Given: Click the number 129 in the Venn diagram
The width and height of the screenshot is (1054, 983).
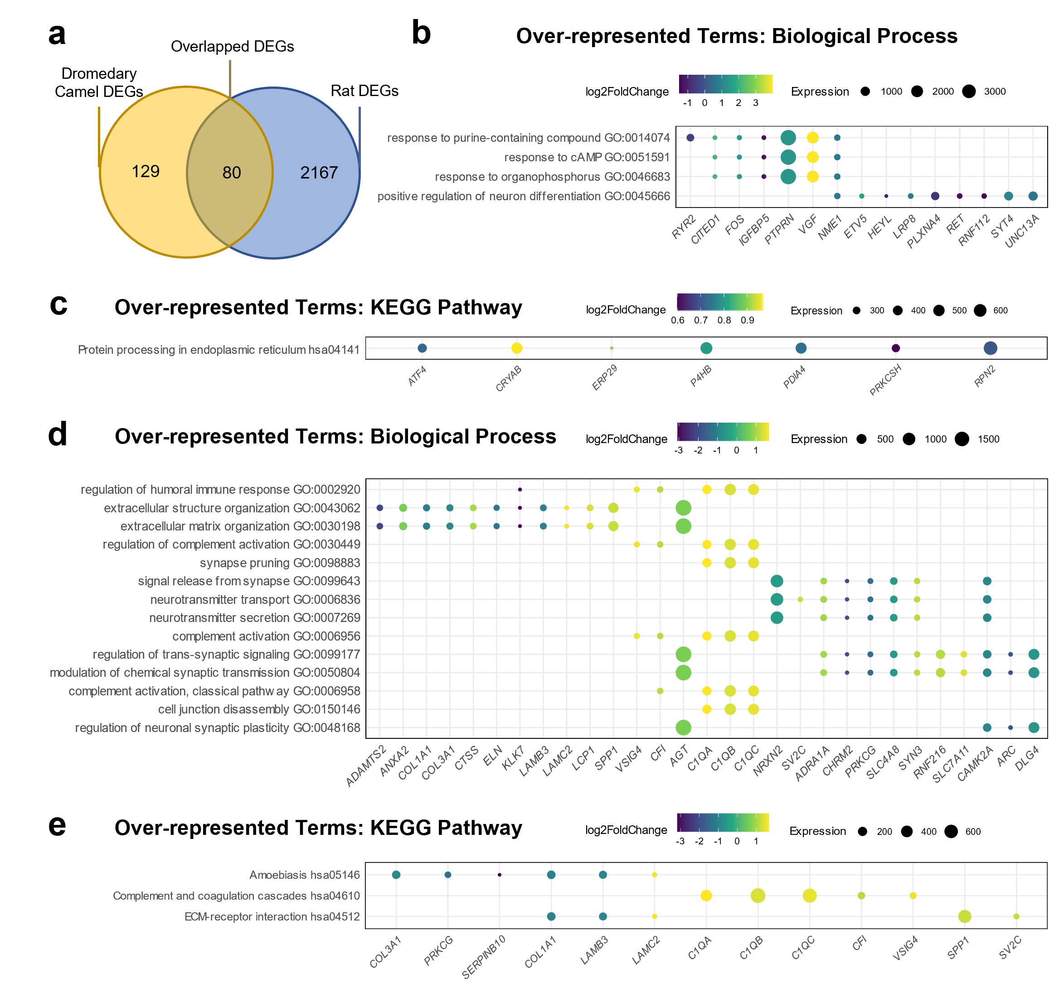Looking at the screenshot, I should [x=145, y=171].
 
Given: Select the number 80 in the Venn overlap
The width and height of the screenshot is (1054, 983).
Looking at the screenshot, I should [x=232, y=173].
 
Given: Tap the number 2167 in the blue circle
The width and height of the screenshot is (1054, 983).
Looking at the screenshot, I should [x=319, y=173].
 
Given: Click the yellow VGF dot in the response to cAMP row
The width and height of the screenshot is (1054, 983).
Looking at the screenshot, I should [x=812, y=157].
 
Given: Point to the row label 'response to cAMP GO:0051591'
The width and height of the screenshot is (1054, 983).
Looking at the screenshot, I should [x=586, y=157].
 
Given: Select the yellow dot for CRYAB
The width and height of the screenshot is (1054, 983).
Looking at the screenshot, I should [x=517, y=348].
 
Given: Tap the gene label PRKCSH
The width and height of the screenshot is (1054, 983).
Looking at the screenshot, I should [x=886, y=380].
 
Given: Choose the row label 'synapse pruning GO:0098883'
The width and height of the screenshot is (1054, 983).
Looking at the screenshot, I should [x=280, y=563].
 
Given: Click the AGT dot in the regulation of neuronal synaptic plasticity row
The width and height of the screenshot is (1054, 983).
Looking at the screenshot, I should [x=684, y=728].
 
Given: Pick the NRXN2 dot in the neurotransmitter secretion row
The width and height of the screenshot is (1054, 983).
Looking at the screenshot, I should [x=777, y=618].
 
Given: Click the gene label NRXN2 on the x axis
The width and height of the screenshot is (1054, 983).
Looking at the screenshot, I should [x=769, y=760].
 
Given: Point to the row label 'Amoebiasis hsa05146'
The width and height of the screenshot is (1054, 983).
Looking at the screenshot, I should [x=304, y=875].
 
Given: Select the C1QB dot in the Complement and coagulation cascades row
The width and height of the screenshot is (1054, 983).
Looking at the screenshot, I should [x=758, y=896].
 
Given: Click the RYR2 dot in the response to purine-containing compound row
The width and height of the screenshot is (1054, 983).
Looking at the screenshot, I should [x=690, y=138].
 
